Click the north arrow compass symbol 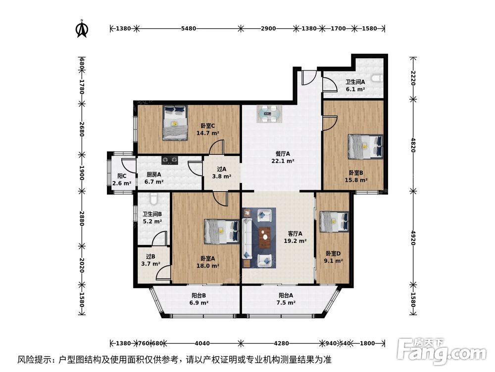click(x=82, y=29)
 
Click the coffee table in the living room click(x=265, y=237)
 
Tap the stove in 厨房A click(x=171, y=160)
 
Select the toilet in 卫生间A click(x=378, y=78)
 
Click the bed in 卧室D click(x=334, y=221)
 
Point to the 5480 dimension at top click(x=189, y=29)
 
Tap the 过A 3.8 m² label click(x=222, y=173)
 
